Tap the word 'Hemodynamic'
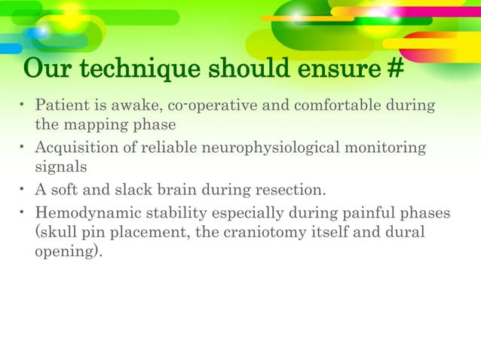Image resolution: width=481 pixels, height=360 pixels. coord(82,214)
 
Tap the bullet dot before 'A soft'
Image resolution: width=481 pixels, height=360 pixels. coord(23,190)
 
